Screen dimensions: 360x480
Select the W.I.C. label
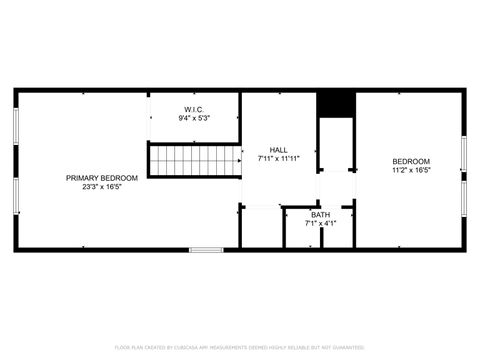click(194, 109)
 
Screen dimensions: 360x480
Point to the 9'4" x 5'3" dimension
click(194, 118)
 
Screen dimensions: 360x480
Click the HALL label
click(279, 150)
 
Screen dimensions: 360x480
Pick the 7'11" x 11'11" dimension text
click(279, 158)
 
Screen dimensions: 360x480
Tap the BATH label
click(320, 215)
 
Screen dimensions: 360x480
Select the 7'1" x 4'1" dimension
click(320, 223)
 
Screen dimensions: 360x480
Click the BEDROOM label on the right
click(411, 162)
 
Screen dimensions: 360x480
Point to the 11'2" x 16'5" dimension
click(411, 170)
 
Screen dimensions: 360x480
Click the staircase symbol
click(196, 160)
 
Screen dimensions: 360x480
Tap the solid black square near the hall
click(335, 104)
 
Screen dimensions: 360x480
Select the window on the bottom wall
click(206, 249)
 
